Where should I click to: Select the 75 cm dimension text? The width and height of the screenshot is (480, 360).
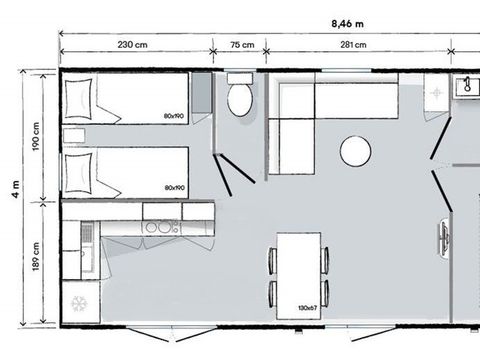tap(241, 44)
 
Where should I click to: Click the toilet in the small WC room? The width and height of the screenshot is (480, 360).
tap(240, 97)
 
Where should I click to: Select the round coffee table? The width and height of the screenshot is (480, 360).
tap(356, 152)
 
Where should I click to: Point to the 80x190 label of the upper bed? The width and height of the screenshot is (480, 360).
tap(174, 117)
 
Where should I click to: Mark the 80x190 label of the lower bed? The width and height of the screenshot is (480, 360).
tap(174, 187)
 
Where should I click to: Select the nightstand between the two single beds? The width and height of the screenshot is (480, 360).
tap(73, 136)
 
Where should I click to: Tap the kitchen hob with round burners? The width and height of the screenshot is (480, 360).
tap(158, 227)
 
